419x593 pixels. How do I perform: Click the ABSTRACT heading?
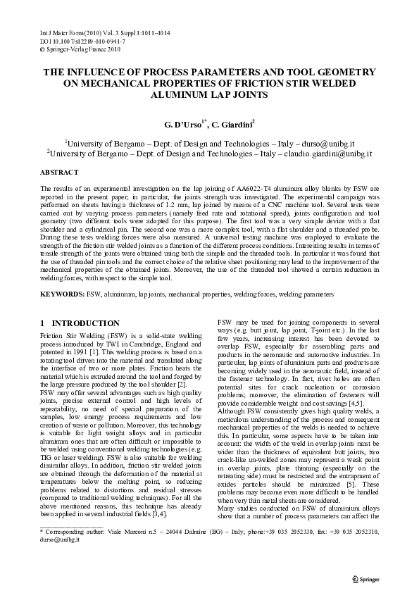point(59,172)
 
